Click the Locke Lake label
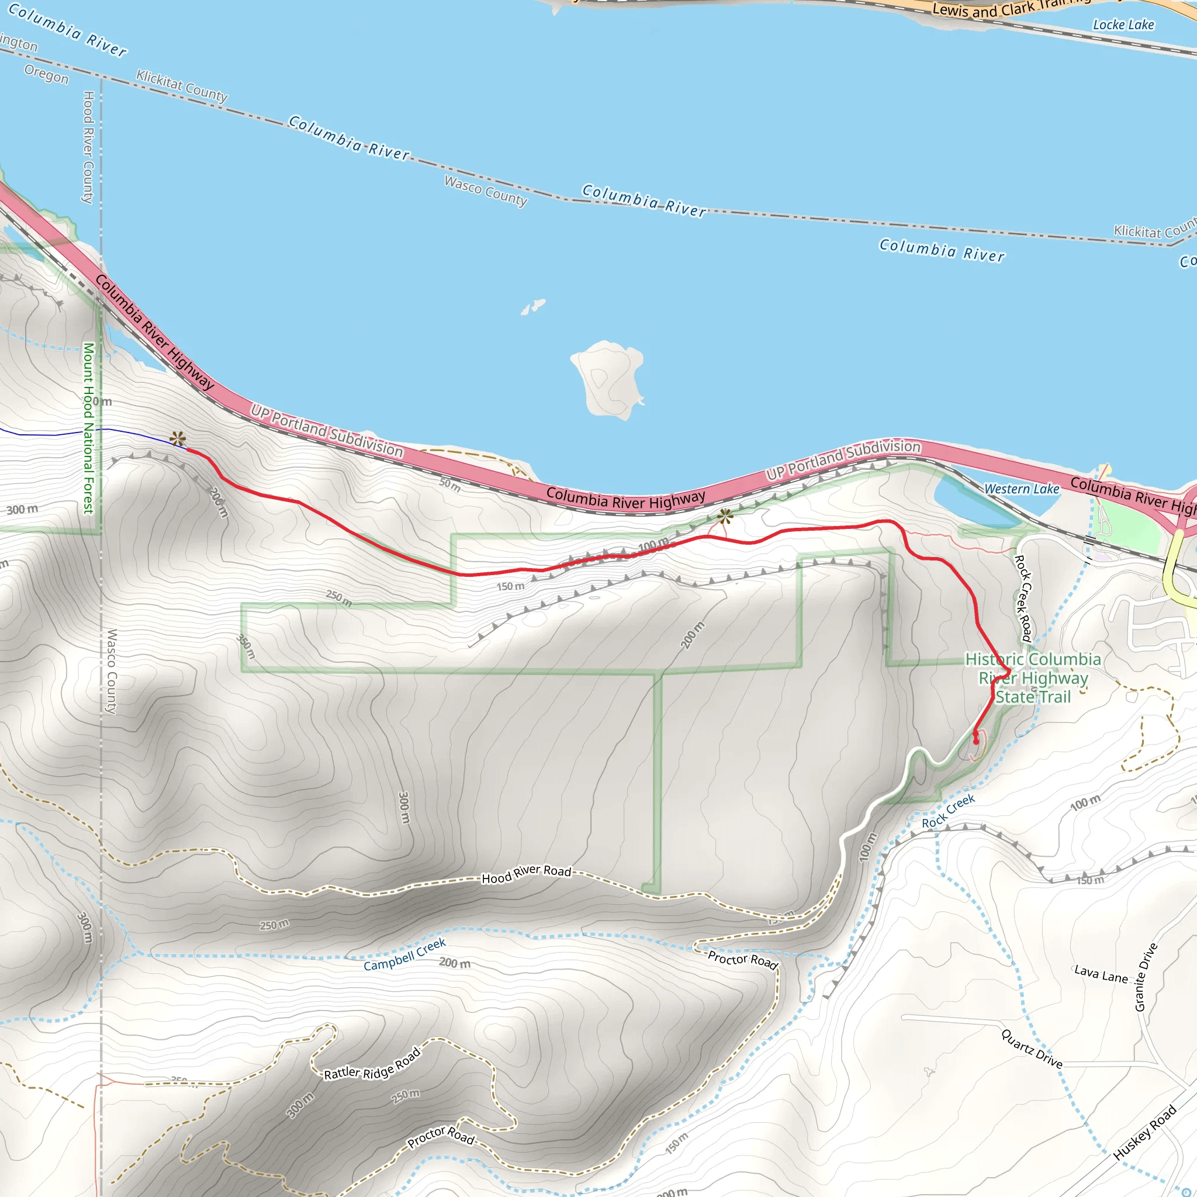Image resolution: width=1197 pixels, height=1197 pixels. coord(1123,25)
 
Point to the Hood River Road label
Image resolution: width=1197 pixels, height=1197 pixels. coord(526,874)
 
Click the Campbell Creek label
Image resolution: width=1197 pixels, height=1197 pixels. coord(404,955)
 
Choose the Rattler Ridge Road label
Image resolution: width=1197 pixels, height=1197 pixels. coord(372,1064)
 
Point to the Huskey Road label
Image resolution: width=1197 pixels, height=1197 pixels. coord(1144,1133)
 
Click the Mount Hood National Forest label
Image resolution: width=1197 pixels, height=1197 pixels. coord(89,428)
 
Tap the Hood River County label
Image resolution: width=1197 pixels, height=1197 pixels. coord(88,147)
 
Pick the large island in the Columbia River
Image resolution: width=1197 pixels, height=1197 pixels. coord(608,378)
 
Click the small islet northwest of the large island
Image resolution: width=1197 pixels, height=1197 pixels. coord(533,307)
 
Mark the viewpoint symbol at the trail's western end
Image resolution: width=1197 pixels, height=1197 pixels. coord(178,439)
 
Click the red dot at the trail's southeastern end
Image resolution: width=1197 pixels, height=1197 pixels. coord(976,741)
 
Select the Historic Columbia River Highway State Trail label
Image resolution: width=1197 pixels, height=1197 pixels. coord(1033,678)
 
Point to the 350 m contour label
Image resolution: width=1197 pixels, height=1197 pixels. coord(246,646)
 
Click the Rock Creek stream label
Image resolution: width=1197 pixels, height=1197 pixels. coord(948,811)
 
